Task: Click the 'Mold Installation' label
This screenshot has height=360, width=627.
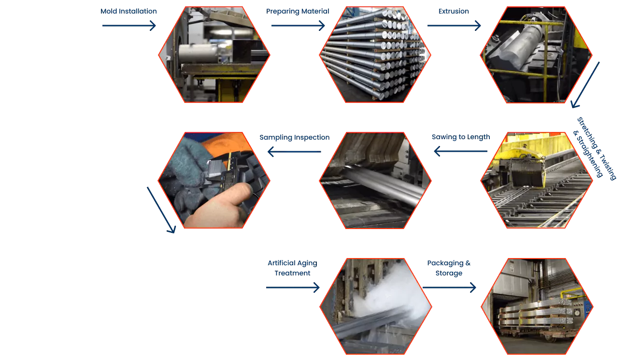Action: (128, 11)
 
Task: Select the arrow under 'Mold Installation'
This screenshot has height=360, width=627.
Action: (129, 26)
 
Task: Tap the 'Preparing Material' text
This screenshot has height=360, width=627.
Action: (298, 11)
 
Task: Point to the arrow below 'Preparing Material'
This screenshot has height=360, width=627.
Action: (298, 26)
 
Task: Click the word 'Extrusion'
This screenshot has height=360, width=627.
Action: (454, 11)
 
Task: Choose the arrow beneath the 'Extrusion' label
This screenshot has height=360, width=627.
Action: (454, 26)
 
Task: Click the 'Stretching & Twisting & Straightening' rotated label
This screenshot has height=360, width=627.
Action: (595, 148)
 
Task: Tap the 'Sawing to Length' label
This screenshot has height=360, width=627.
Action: (461, 137)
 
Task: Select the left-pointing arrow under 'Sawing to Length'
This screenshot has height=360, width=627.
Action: (461, 151)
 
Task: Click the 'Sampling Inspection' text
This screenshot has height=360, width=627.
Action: (295, 137)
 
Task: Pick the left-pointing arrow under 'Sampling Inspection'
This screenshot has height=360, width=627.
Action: (294, 152)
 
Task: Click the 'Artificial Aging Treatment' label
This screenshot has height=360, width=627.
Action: (293, 268)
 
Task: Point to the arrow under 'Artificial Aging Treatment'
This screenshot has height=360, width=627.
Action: (293, 287)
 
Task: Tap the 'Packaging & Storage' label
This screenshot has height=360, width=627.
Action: (449, 268)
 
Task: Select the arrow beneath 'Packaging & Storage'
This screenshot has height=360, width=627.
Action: (449, 287)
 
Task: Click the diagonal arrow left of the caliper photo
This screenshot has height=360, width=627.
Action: (161, 210)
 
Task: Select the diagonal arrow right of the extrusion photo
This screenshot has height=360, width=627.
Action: (585, 85)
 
